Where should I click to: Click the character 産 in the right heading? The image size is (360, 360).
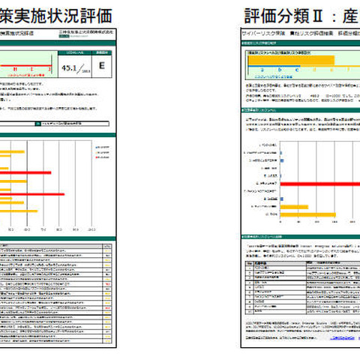pyautogui.click(x=352, y=15)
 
